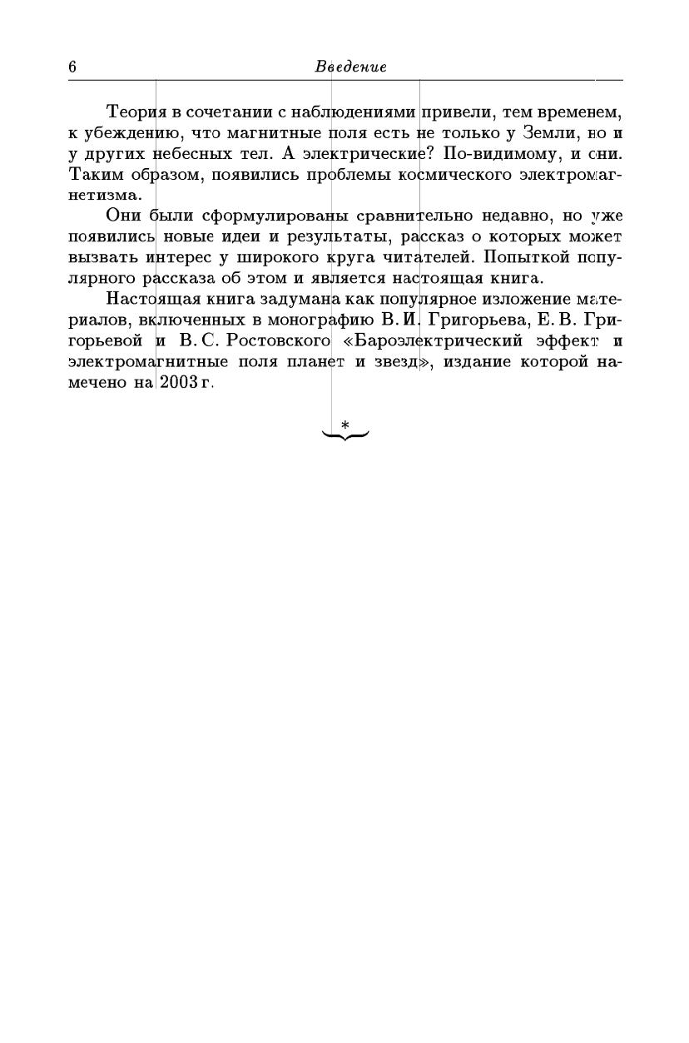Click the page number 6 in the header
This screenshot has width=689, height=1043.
[x=72, y=67]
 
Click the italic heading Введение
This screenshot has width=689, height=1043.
[x=350, y=67]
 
